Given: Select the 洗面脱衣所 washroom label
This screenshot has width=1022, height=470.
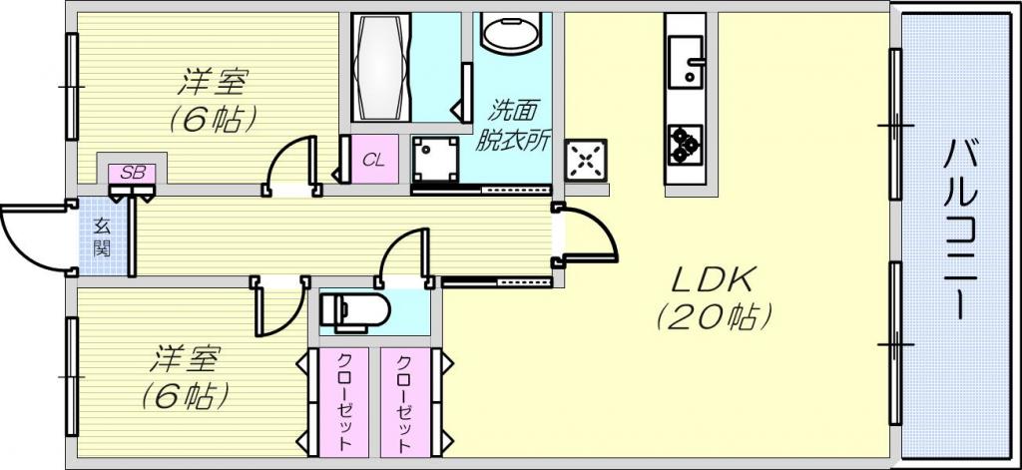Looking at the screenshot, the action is pyautogui.click(x=513, y=125).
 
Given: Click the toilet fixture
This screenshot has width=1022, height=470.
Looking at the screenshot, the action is pyautogui.click(x=354, y=309).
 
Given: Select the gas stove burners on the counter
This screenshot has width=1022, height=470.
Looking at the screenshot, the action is pyautogui.click(x=685, y=145).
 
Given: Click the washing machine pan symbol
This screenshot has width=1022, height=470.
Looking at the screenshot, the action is pyautogui.click(x=436, y=159).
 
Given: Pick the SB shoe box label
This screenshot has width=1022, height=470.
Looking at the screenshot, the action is pyautogui.click(x=133, y=173).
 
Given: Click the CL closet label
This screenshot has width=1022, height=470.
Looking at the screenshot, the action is pyautogui.click(x=373, y=161).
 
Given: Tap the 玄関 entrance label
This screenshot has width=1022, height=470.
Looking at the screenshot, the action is pyautogui.click(x=102, y=237).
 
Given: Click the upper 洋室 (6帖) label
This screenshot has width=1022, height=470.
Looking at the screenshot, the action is pyautogui.click(x=212, y=100).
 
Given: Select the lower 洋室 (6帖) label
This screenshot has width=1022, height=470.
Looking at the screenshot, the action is pyautogui.click(x=185, y=377).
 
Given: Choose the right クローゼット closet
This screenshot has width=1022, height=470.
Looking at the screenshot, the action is pyautogui.click(x=405, y=402).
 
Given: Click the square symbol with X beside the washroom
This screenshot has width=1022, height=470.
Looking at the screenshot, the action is pyautogui.click(x=585, y=160).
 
